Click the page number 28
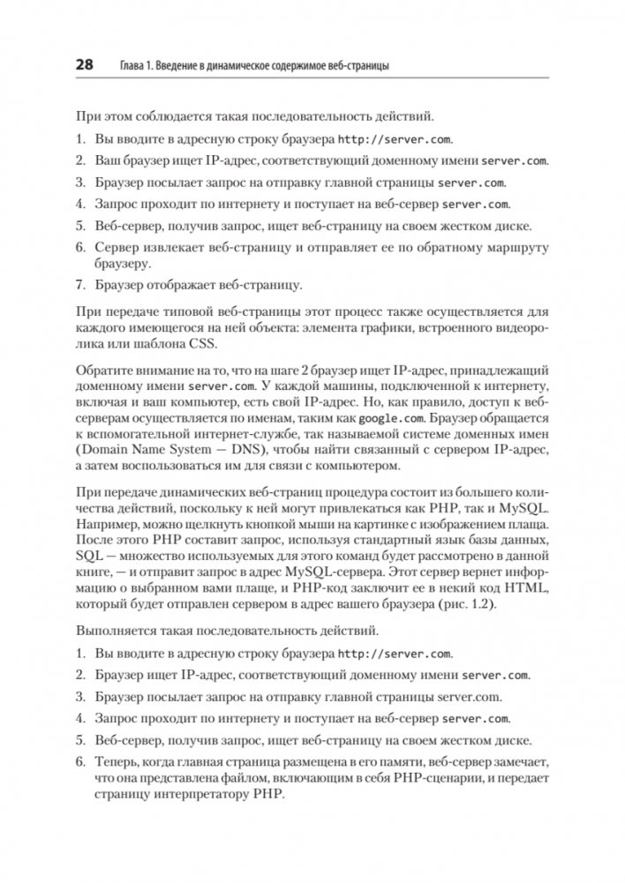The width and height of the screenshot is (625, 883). (86, 64)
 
